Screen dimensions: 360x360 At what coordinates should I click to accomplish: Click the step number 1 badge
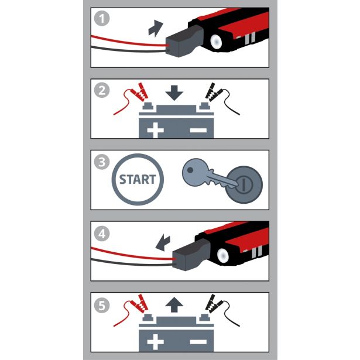(x=102, y=19)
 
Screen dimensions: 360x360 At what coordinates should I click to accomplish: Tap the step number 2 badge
(x=102, y=90)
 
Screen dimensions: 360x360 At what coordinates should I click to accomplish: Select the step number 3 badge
(x=102, y=162)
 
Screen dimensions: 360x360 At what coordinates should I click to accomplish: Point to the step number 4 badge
(x=102, y=234)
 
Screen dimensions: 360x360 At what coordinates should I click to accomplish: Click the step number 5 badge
(x=102, y=305)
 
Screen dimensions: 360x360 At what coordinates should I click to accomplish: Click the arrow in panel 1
(x=155, y=29)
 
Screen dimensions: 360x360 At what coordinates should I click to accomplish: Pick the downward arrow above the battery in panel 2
(x=174, y=92)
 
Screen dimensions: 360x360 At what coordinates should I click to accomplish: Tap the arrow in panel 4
(x=163, y=242)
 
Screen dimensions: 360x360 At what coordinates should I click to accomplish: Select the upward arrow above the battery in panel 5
(x=174, y=304)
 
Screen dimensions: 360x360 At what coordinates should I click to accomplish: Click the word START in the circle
(x=138, y=180)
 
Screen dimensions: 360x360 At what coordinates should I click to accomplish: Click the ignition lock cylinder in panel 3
(x=244, y=185)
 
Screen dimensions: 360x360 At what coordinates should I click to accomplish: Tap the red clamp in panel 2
(x=139, y=92)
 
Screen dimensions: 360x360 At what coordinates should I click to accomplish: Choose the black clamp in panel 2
(x=214, y=92)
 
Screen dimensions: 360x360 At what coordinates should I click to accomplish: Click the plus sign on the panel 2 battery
(x=156, y=130)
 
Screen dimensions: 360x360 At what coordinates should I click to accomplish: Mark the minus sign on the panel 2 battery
(x=198, y=130)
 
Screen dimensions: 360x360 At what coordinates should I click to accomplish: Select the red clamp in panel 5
(x=139, y=304)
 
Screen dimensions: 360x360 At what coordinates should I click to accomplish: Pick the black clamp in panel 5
(x=214, y=304)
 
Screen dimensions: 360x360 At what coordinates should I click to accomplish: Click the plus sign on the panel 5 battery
(x=156, y=342)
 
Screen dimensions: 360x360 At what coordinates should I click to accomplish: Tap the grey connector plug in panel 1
(x=184, y=41)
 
